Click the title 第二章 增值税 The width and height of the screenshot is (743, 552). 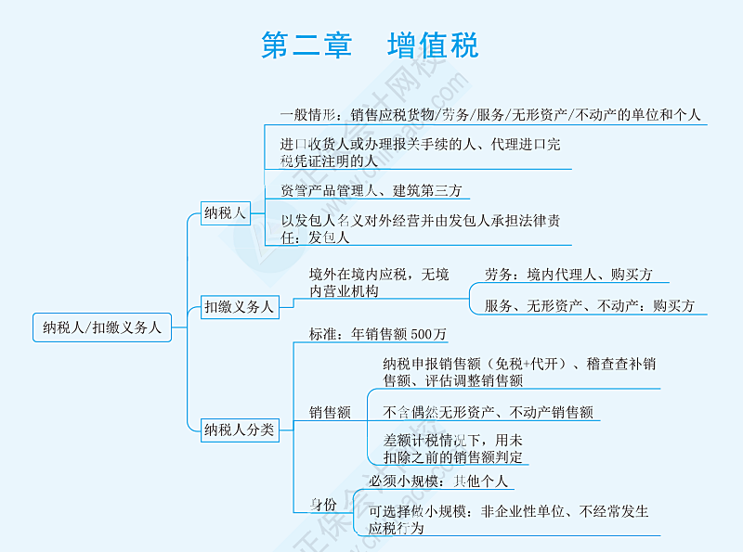click(x=370, y=45)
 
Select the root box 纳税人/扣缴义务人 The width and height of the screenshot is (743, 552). click(x=102, y=327)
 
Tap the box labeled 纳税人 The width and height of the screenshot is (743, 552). click(x=226, y=213)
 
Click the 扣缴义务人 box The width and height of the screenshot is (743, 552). click(x=240, y=306)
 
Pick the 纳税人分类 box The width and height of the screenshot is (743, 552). click(x=240, y=429)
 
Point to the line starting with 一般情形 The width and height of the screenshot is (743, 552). click(x=490, y=115)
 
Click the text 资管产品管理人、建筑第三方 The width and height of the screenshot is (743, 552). click(x=371, y=190)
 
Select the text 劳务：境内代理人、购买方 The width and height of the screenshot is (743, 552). click(x=568, y=275)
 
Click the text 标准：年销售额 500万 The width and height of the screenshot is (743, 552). click(x=378, y=333)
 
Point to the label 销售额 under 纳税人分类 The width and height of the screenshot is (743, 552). click(x=330, y=413)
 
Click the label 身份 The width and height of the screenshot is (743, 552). click(x=323, y=504)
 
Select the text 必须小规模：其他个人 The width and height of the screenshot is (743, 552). click(x=438, y=481)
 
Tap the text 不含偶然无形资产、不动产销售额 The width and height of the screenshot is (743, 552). click(x=488, y=412)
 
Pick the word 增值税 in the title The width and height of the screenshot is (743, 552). click(x=433, y=45)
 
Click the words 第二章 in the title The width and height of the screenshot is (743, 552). click(x=306, y=45)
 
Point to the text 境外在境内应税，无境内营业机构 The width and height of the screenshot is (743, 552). click(x=378, y=282)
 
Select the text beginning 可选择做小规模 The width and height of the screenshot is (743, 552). click(x=508, y=519)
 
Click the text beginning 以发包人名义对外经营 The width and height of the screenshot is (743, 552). click(x=419, y=228)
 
